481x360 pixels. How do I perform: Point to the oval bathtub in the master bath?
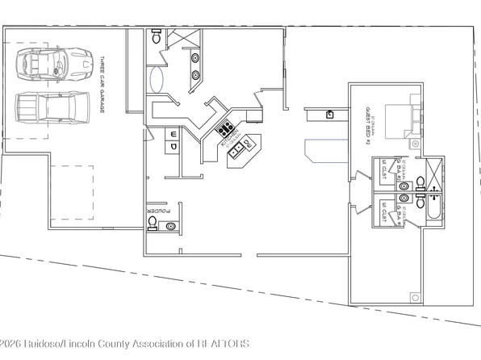pyautogui.click(x=157, y=79)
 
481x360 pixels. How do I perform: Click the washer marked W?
pyautogui.click(x=174, y=133)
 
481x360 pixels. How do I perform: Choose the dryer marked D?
pyautogui.click(x=174, y=147)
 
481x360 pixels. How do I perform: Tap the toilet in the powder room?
pyautogui.click(x=152, y=220)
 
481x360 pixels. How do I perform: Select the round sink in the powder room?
pyautogui.click(x=169, y=227)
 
